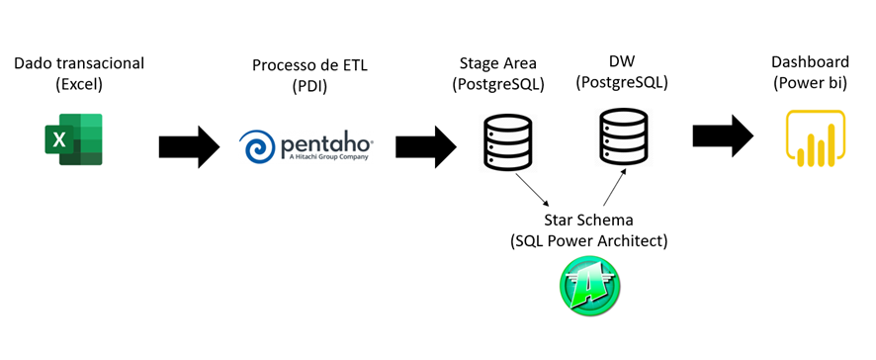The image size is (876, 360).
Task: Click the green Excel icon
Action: (73, 140)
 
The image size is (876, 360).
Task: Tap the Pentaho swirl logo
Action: (260, 147)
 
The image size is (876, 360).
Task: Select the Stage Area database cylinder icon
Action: (507, 140)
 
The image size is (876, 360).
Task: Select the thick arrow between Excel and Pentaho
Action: (188, 147)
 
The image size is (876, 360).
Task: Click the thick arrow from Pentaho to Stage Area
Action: (425, 147)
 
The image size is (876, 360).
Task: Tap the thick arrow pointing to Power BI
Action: (723, 135)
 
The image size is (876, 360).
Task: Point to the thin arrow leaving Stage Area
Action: (531, 189)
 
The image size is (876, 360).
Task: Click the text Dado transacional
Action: (79, 63)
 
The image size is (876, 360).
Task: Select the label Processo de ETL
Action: (308, 64)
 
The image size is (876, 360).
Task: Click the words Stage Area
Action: (499, 62)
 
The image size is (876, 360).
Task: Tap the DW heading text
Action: (623, 61)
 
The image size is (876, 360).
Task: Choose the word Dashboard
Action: (810, 62)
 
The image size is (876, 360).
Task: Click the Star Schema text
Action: (588, 219)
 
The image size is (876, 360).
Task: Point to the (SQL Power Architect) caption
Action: (588, 240)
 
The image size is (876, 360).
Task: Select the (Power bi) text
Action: (810, 83)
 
